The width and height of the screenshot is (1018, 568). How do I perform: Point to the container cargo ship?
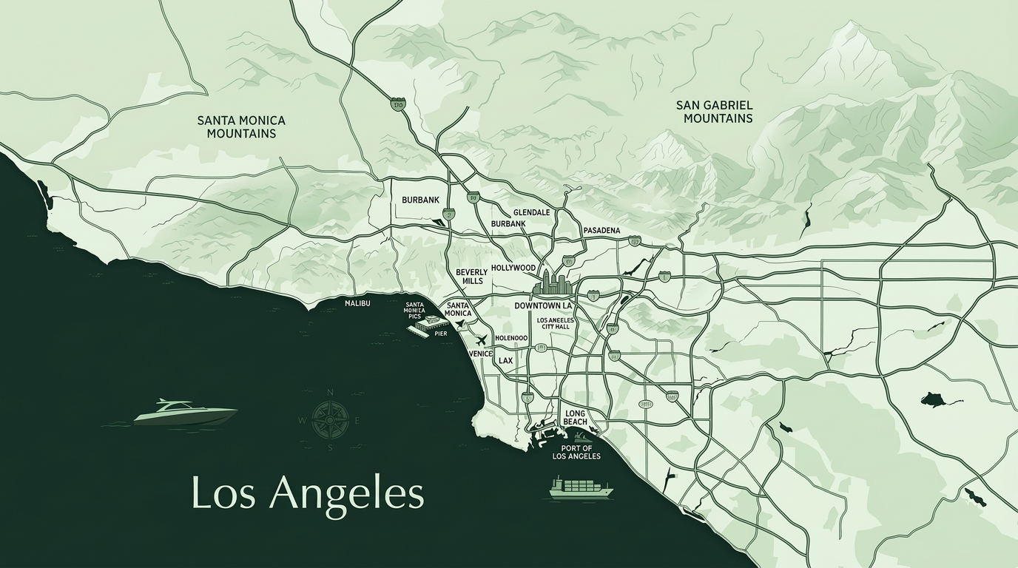(x=581, y=487)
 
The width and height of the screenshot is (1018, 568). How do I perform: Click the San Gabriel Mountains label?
(x=714, y=112)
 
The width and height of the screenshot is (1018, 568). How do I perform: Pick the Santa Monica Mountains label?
(x=241, y=126)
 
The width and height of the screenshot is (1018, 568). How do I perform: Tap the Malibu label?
(x=357, y=304)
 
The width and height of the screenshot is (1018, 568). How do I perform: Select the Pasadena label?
(x=601, y=231)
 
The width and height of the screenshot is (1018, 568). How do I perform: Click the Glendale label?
(x=531, y=212)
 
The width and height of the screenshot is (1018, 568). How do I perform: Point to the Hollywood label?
(x=513, y=268)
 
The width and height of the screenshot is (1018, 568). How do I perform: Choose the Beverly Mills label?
(x=471, y=277)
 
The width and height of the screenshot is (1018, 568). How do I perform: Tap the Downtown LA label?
(x=543, y=305)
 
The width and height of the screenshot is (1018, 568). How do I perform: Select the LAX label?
(x=505, y=361)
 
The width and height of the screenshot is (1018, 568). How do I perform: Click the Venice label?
(x=481, y=354)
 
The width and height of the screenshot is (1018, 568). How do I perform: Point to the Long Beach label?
(x=575, y=418)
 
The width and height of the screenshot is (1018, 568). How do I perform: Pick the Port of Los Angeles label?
(x=576, y=452)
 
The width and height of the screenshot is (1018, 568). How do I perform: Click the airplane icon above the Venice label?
(x=482, y=340)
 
